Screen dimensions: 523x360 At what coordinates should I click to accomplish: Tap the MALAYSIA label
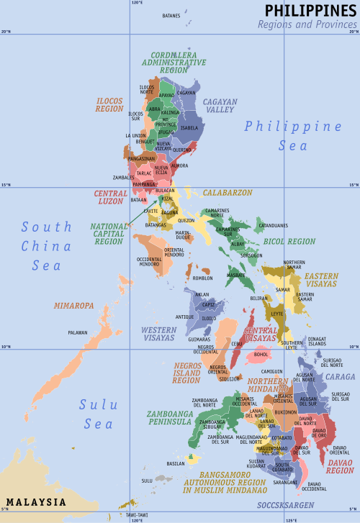tap(35, 501)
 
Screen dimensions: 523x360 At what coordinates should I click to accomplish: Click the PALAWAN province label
tap(77, 332)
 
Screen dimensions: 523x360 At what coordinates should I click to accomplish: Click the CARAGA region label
tap(340, 376)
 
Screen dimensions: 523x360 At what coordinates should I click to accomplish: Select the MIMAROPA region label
tap(73, 306)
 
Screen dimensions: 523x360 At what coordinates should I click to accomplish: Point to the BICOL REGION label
tap(292, 242)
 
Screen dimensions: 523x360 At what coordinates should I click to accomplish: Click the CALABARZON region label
tap(227, 193)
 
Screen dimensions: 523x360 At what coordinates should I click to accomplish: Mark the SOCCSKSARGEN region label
tap(285, 505)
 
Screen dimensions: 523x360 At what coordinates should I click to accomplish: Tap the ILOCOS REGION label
tap(109, 105)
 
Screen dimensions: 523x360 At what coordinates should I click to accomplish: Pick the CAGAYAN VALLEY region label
tap(220, 106)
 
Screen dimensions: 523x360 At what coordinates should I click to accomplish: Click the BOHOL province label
tap(262, 354)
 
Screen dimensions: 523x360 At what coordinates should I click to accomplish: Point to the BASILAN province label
tap(176, 464)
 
